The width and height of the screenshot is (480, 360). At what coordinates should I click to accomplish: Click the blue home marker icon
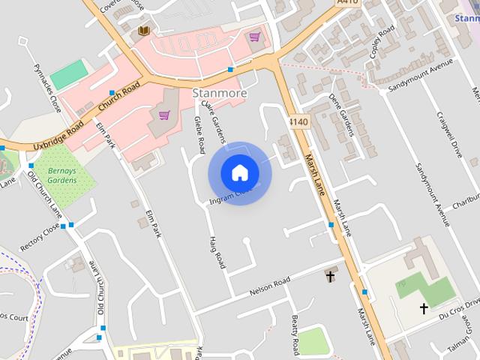239,173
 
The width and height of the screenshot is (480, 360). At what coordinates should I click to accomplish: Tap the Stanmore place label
218,94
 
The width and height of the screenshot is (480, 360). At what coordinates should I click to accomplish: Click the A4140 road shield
298,121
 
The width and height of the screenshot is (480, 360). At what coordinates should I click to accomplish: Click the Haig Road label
218,251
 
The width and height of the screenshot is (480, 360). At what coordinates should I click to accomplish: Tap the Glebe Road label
199,135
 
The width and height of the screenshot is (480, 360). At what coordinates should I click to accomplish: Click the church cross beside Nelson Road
330,277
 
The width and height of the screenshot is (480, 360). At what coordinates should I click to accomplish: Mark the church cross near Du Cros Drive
424,308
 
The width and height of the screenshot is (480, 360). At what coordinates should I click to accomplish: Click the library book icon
143,31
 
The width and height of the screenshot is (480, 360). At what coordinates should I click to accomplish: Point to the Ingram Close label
231,196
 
